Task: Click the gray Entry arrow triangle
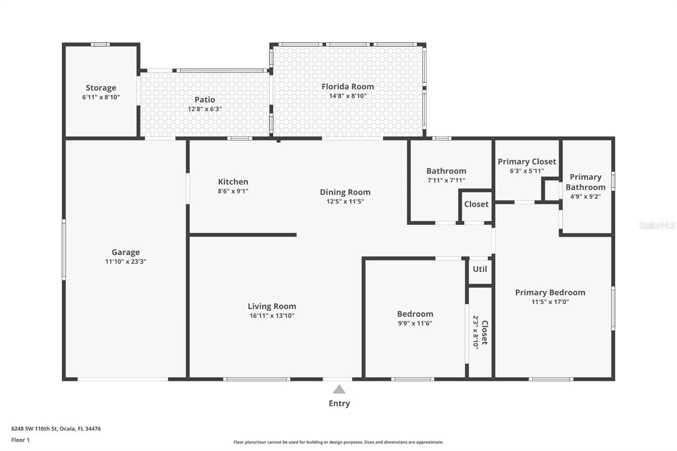pyautogui.click(x=339, y=390)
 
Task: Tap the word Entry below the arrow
pyautogui.click(x=339, y=403)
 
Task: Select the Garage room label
pyautogui.click(x=126, y=252)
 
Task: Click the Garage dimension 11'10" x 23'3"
pyautogui.click(x=126, y=261)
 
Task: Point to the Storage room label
pyautogui.click(x=101, y=88)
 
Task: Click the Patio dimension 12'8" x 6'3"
pyautogui.click(x=205, y=109)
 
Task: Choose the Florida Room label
pyautogui.click(x=347, y=86)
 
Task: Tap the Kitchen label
pyautogui.click(x=233, y=181)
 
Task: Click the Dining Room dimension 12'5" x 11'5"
pyautogui.click(x=345, y=201)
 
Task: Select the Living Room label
pyautogui.click(x=272, y=306)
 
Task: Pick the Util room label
pyautogui.click(x=479, y=269)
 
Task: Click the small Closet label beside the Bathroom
pyautogui.click(x=476, y=204)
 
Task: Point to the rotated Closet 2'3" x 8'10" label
pyautogui.click(x=480, y=333)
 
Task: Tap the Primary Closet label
pyautogui.click(x=526, y=161)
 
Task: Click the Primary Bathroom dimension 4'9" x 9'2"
pyautogui.click(x=585, y=196)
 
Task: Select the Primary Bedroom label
pyautogui.click(x=550, y=292)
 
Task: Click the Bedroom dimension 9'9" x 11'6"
pyautogui.click(x=415, y=323)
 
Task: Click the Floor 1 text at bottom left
pyautogui.click(x=20, y=440)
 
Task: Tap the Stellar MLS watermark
pyautogui.click(x=657, y=225)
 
